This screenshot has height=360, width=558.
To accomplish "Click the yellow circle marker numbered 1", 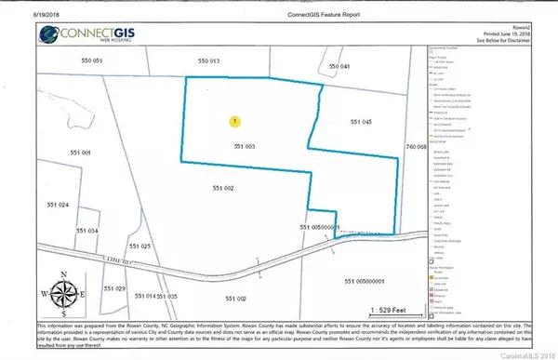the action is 234,121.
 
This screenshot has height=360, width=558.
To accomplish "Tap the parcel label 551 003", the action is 244,146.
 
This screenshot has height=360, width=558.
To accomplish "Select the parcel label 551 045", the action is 360,123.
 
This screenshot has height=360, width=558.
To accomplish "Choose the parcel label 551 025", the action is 139,247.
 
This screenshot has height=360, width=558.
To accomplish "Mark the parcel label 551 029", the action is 113,289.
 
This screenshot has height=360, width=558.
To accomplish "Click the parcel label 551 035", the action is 166,296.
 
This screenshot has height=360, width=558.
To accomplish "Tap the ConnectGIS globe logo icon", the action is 50,33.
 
